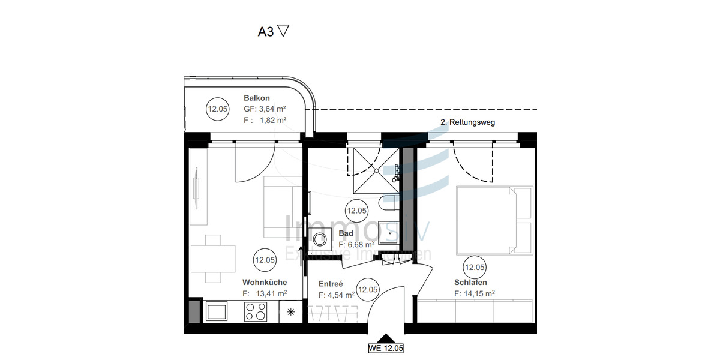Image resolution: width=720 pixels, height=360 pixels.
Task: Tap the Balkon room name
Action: coord(257,98)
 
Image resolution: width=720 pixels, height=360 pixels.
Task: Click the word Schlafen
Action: coord(470,282)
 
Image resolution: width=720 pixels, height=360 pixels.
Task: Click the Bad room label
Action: coord(346,233)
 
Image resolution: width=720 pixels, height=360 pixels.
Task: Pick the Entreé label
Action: coord(331,284)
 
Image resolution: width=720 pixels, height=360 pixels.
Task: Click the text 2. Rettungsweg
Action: coord(468,122)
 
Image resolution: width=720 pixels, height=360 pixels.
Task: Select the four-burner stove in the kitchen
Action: coord(256,311)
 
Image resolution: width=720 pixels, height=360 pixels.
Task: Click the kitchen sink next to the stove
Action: coord(216,311)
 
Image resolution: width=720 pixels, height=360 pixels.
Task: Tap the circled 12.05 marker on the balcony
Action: coord(217,109)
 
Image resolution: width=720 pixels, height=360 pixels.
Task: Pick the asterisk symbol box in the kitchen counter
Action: coord(291,311)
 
